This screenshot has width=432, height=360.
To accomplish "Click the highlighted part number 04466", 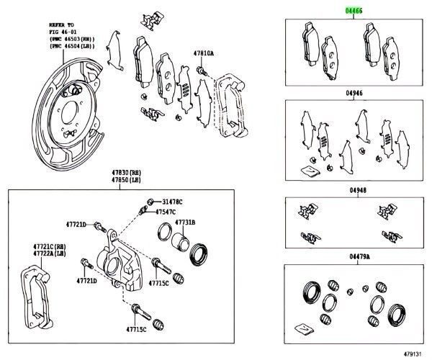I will click(354, 12).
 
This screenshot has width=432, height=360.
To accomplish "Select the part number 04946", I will click(354, 93).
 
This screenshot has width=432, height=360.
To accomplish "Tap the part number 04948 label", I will click(358, 191).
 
